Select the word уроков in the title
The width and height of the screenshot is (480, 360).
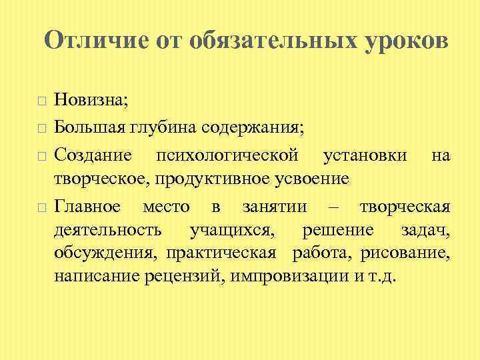pos(405,41)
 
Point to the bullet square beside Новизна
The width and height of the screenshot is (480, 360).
pos(41,101)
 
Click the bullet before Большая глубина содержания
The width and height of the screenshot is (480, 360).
pos(41,125)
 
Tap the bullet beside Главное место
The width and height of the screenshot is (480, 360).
pos(41,208)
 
